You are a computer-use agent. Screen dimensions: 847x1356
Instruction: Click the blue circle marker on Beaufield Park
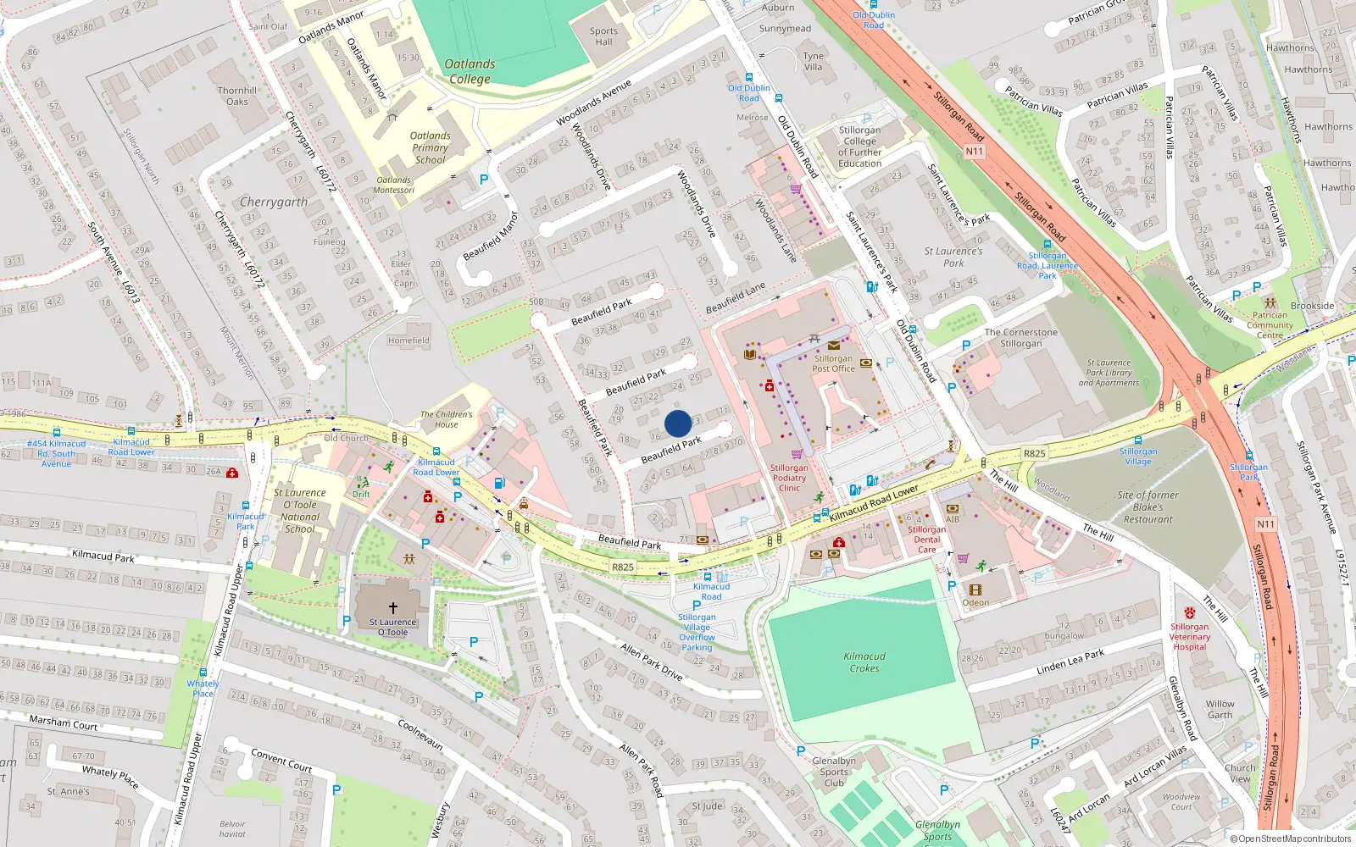(678, 423)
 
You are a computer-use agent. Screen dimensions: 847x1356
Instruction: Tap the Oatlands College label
(470, 71)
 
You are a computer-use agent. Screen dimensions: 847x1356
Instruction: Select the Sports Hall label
(603, 36)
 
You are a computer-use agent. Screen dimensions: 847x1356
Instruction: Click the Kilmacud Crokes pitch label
(864, 662)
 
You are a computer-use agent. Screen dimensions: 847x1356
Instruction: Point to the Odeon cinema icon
(975, 590)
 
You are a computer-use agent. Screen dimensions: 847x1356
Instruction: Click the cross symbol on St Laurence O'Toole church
(393, 608)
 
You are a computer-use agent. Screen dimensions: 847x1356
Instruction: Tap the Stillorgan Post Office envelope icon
(834, 346)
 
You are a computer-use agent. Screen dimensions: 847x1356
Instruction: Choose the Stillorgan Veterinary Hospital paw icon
(1190, 612)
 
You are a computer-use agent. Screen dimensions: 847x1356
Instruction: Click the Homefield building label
(408, 340)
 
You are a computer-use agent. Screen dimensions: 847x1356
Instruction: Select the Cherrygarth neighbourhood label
(274, 202)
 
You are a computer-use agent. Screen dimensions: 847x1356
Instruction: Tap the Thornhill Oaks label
(237, 96)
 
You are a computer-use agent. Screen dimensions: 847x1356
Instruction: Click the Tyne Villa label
(813, 62)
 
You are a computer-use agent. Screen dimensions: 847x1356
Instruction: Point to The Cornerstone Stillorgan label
(1020, 338)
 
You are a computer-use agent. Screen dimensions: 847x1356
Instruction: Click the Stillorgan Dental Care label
(927, 540)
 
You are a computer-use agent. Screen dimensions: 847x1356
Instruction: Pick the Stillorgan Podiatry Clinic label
(789, 478)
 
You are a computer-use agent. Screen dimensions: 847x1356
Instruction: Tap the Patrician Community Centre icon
(1270, 302)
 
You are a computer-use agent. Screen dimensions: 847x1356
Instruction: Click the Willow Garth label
(1220, 709)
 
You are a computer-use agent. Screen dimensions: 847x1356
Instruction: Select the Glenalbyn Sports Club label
(834, 772)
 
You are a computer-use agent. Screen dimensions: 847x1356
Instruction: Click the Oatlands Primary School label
(430, 147)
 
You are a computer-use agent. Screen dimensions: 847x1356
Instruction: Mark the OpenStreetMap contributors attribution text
(1291, 839)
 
